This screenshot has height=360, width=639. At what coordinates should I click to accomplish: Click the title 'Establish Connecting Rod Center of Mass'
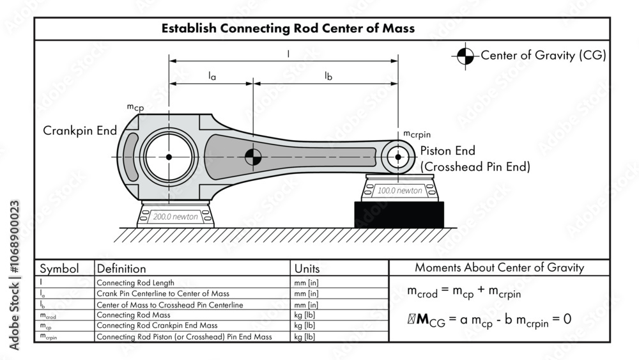coord(288,28)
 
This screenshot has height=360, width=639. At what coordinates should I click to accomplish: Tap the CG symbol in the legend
coord(466,56)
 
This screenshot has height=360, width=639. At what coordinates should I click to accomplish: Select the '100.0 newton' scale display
coord(399,191)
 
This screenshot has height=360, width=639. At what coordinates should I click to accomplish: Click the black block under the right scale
coord(399,214)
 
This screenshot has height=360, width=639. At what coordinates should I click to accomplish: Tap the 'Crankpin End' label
coord(80,130)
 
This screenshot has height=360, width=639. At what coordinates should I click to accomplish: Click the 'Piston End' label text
coord(447,151)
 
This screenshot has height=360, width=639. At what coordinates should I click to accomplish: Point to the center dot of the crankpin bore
coord(169,157)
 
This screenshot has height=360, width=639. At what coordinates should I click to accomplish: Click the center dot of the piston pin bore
coord(398,157)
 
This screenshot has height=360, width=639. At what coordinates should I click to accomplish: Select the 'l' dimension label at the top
coord(288,54)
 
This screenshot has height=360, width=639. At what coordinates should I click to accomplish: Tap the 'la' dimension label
coord(212,76)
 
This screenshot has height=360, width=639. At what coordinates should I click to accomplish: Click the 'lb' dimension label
coord(328,76)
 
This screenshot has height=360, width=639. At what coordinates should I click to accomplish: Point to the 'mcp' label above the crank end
coord(135,107)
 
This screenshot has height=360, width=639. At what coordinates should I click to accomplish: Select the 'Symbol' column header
coord(59,269)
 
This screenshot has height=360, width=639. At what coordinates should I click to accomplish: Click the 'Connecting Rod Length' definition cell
coord(135,282)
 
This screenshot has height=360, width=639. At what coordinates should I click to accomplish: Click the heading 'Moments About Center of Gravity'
coord(499,268)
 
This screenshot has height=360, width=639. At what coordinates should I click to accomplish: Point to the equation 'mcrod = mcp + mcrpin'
coord(464,292)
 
